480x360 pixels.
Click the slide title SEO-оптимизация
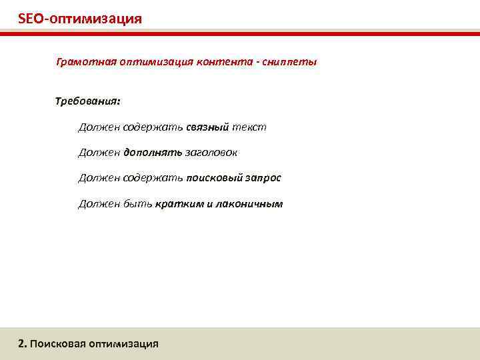coord(80,18)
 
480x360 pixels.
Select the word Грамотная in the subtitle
coord(85,62)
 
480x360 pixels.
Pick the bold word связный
coord(207,127)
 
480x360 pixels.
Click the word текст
coord(249,127)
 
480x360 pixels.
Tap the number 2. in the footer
coord(23,344)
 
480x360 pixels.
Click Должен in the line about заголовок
coord(99,153)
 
